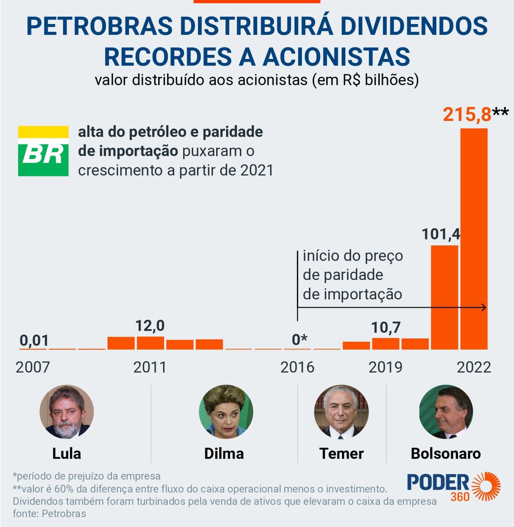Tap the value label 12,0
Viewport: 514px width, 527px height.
(150, 326)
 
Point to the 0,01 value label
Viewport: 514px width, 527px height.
(34, 340)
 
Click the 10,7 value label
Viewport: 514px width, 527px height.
(386, 328)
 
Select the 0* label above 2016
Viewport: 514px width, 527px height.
(300, 340)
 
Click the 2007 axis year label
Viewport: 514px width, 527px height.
(33, 367)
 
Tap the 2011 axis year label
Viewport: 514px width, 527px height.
(150, 367)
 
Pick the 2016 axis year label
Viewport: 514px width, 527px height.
(297, 367)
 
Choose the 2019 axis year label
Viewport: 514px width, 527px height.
(385, 367)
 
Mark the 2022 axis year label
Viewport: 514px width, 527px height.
(474, 367)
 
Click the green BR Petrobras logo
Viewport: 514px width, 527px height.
(43, 151)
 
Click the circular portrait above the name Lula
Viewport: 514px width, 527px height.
(67, 412)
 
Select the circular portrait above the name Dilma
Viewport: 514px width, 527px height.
(226, 412)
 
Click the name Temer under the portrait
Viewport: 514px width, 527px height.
(341, 453)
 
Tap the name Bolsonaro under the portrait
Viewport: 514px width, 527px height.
(445, 453)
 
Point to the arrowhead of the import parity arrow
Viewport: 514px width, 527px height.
(484, 307)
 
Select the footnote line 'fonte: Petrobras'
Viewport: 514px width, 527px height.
(50, 513)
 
